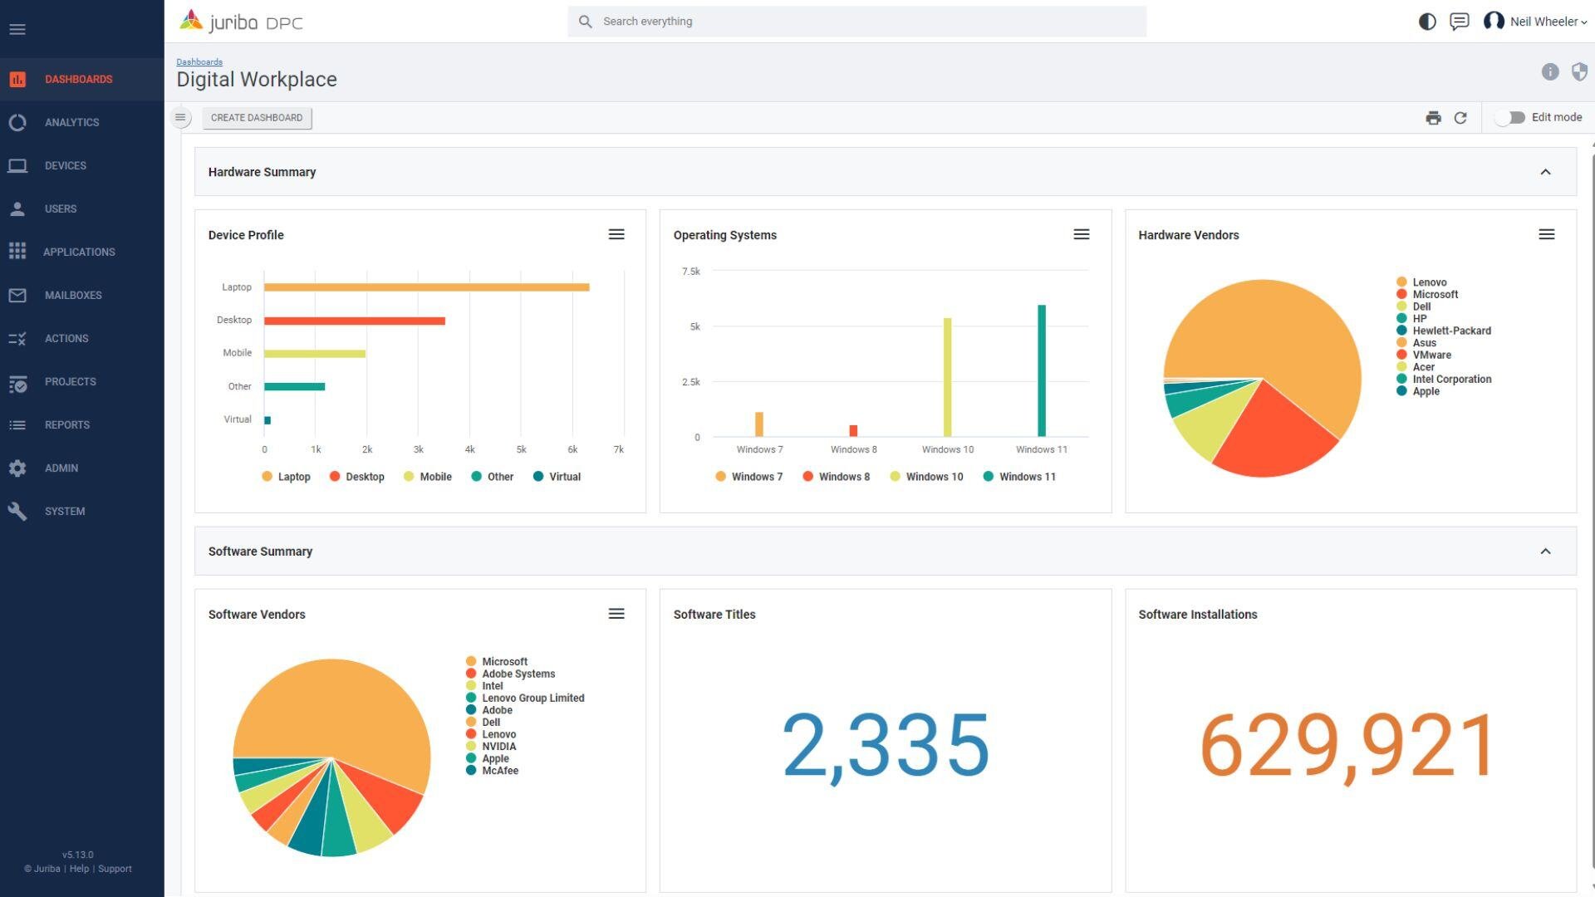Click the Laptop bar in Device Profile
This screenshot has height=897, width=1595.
426,287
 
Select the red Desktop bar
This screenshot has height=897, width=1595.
355,321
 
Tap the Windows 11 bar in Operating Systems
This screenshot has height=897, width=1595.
1041,370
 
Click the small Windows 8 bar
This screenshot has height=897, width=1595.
853,430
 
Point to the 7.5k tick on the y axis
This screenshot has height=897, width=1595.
690,272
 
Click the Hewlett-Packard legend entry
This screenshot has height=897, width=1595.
1450,331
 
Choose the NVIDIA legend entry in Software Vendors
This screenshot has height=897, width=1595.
498,747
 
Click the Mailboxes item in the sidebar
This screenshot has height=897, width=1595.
73,295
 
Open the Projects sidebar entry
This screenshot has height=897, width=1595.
71,381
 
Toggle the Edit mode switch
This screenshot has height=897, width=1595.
1511,117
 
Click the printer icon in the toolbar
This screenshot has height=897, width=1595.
1433,118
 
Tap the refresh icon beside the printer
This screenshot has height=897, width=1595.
1460,118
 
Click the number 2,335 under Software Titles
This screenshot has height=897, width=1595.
886,745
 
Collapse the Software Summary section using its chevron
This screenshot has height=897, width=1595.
1545,551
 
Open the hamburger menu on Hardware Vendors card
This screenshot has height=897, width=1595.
1546,235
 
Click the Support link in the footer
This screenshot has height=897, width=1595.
115,869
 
